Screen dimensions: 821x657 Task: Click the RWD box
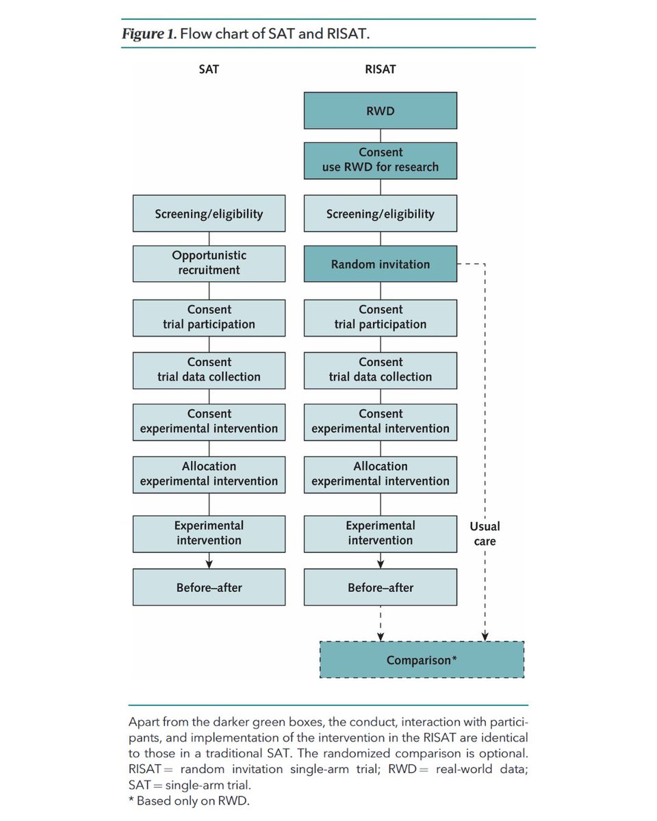tap(381, 111)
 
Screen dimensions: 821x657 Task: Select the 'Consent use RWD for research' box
tap(381, 159)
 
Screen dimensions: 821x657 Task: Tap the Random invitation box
tap(381, 264)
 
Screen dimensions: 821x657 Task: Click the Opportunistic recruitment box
tap(209, 263)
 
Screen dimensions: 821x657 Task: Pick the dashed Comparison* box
tap(422, 660)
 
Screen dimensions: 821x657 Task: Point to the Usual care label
tap(485, 534)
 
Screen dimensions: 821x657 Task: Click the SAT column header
tap(209, 70)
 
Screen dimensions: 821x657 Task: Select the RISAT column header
tap(381, 70)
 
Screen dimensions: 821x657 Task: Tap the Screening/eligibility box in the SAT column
tap(209, 213)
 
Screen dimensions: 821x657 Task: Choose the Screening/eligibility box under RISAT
tap(381, 213)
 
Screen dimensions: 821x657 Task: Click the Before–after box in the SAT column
tap(209, 587)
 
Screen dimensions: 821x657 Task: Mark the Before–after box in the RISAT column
tap(381, 587)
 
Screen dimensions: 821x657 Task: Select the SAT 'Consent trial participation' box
tap(209, 317)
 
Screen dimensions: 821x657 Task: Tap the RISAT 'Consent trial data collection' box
tap(381, 369)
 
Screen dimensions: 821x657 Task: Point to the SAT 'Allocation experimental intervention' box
tap(209, 473)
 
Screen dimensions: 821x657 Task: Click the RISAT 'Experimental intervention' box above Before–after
tap(381, 533)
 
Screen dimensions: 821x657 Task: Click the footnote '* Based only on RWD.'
tap(189, 801)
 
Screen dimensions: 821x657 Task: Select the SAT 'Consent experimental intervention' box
tap(209, 421)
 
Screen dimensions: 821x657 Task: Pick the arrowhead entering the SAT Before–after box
tap(209, 564)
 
